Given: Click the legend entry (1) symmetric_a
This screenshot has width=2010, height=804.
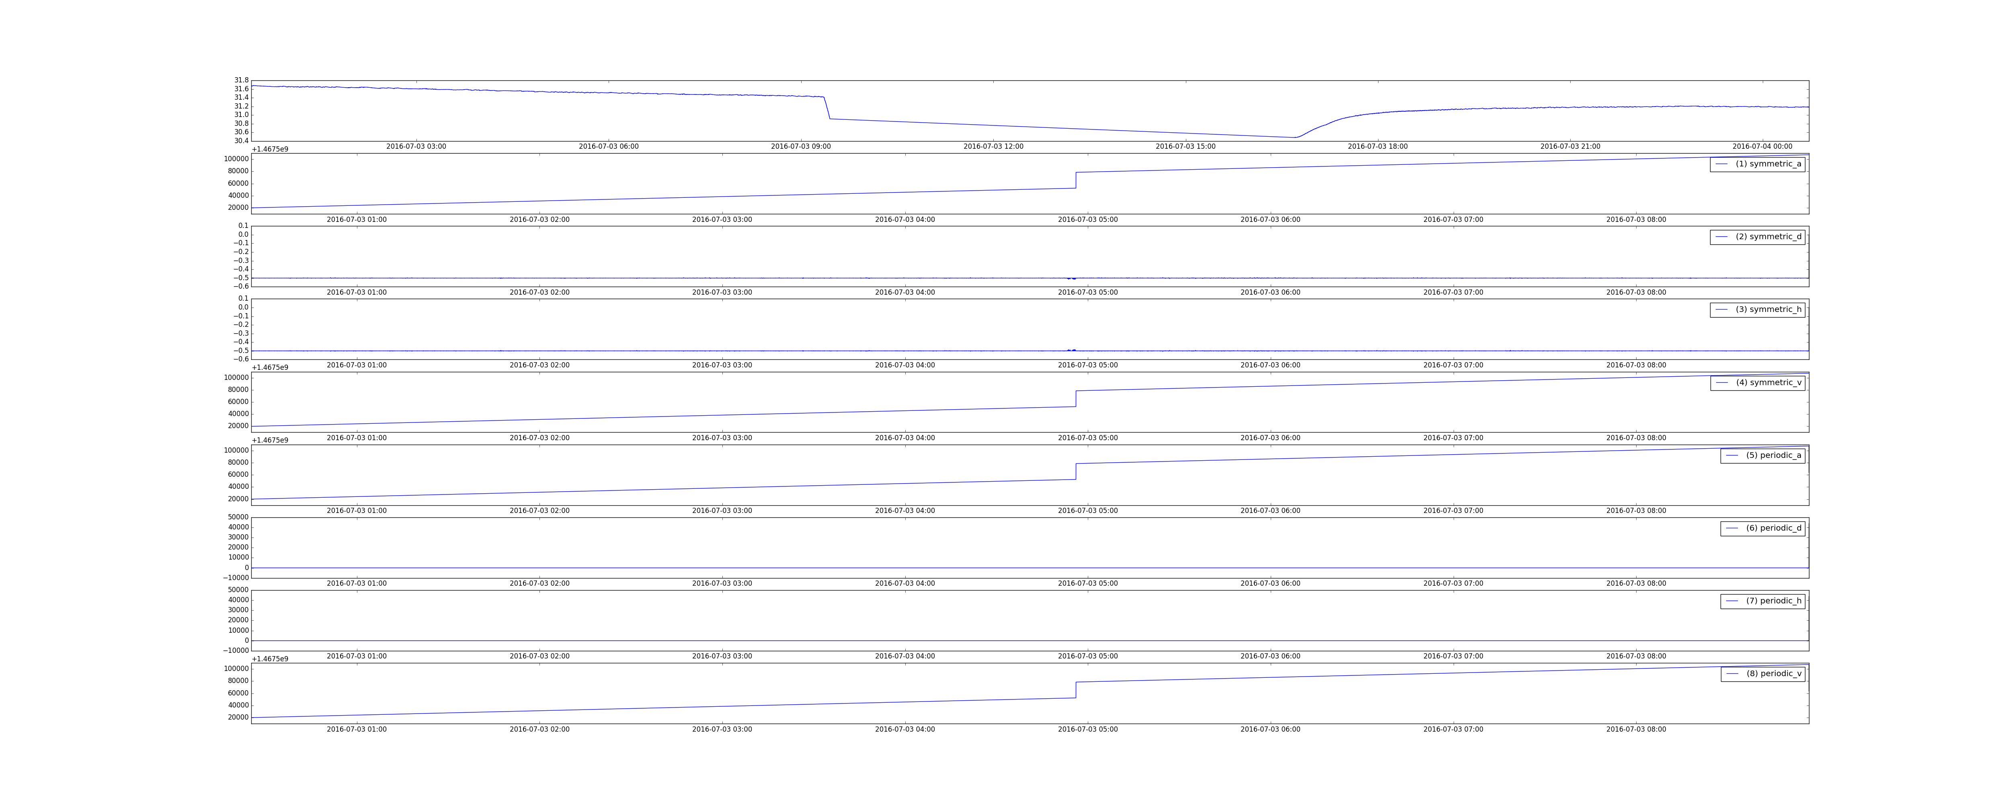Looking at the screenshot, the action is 1757,164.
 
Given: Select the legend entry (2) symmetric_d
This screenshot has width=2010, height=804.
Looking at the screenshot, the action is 1757,236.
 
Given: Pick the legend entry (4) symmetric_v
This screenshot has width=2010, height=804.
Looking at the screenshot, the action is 1757,382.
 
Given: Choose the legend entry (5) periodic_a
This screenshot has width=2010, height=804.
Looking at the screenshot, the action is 1763,455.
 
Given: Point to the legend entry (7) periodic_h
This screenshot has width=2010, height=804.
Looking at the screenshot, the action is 1763,601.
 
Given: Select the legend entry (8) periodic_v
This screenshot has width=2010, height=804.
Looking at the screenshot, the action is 1763,674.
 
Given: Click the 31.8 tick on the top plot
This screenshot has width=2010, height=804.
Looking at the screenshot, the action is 241,80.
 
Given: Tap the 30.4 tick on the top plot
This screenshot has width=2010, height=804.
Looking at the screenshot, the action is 241,141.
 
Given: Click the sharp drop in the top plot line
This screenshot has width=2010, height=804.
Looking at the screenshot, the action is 827,108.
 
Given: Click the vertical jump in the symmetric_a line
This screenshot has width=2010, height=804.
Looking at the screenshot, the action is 1076,180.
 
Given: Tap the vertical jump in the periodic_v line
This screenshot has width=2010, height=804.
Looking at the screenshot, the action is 1076,690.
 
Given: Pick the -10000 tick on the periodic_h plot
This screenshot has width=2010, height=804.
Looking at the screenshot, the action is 236,650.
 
